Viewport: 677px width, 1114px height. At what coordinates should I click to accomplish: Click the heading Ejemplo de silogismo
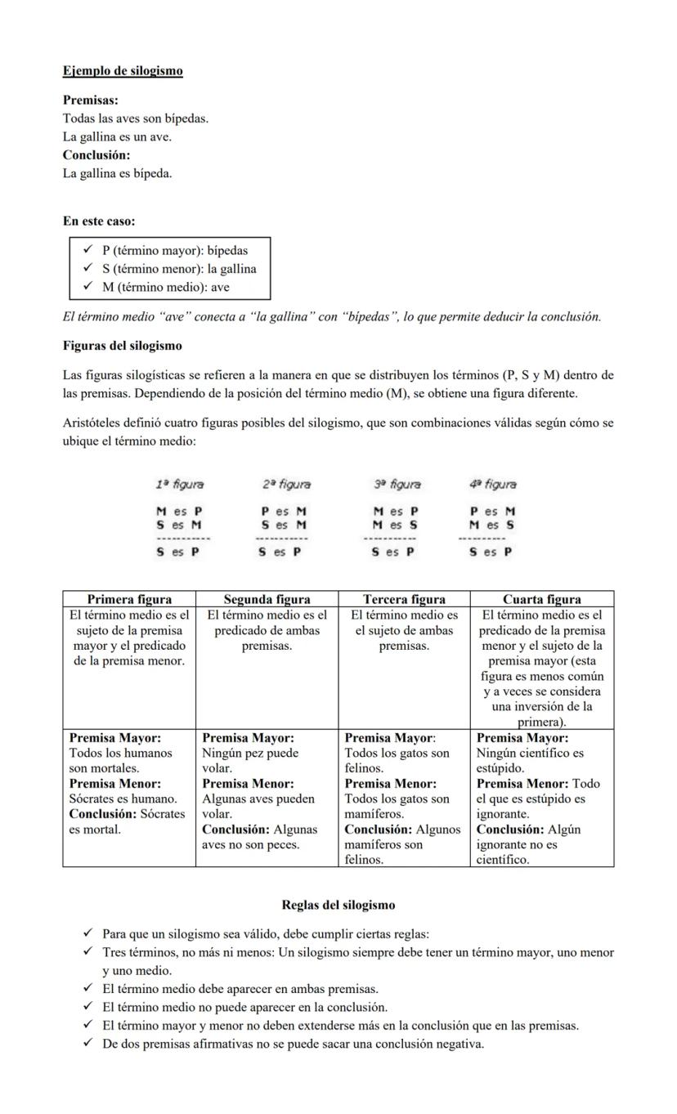123,71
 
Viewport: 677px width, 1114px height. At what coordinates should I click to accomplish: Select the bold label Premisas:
91,101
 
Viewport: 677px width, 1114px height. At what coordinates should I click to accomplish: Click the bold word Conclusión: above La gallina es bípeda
96,154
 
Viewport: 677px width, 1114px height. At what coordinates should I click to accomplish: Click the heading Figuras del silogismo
123,346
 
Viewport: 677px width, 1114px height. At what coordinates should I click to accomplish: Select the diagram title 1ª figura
180,485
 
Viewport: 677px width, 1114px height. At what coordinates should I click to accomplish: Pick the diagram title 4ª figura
493,485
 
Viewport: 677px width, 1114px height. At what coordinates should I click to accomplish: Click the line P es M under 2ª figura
284,512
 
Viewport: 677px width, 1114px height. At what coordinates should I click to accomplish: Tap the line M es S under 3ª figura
395,526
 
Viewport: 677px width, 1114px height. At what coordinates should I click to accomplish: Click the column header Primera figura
129,599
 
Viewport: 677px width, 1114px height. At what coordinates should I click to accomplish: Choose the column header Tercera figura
404,599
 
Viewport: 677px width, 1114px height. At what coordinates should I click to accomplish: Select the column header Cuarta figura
542,599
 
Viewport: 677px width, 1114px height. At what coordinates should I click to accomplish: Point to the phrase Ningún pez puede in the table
250,753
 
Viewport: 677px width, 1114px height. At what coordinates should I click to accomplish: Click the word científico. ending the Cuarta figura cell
503,860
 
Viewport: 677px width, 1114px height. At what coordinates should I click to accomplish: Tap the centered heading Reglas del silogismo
338,905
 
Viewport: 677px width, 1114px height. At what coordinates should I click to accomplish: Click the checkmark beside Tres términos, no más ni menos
87,952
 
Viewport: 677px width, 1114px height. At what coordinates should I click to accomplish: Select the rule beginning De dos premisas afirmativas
293,1044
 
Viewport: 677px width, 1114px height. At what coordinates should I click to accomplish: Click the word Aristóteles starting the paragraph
95,423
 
